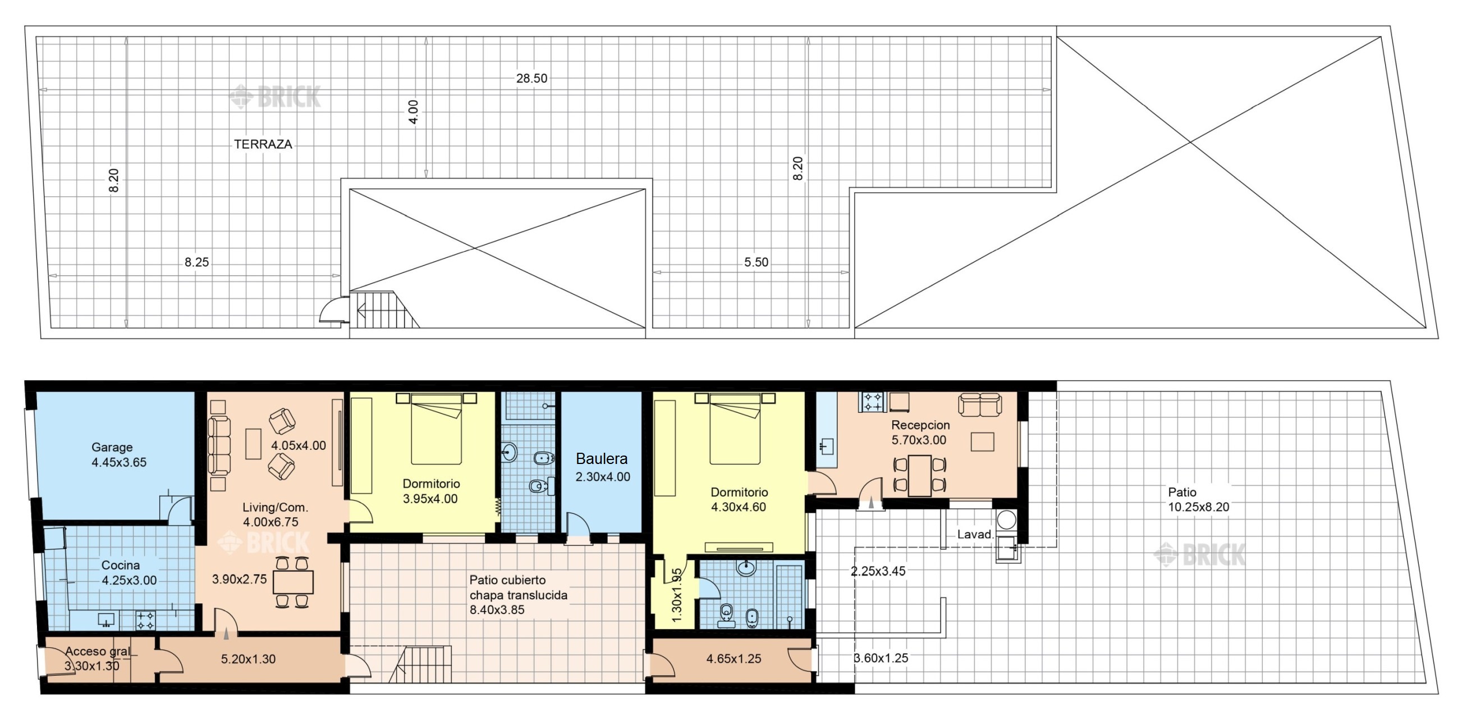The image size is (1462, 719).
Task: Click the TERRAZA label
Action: (263, 144)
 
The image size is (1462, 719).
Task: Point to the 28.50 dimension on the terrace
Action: (532, 79)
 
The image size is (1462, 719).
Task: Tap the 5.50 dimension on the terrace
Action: (756, 262)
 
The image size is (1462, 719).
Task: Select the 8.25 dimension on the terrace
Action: (196, 262)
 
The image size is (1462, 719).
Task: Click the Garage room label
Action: (112, 448)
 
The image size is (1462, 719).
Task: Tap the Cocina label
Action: (120, 565)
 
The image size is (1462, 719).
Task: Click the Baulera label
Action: (602, 459)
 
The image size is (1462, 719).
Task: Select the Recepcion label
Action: (920, 425)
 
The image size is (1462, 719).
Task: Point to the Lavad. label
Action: (975, 534)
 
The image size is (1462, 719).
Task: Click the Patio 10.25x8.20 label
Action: (1198, 500)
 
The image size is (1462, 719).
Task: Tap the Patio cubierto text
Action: (507, 580)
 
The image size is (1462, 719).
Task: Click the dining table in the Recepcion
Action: (919, 476)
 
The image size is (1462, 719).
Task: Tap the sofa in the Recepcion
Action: (979, 404)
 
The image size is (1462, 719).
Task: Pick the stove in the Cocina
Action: (145, 620)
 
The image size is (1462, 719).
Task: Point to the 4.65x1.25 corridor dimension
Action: (734, 659)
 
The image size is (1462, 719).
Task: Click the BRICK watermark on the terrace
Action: (275, 97)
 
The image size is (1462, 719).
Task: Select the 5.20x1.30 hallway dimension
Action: (248, 659)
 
